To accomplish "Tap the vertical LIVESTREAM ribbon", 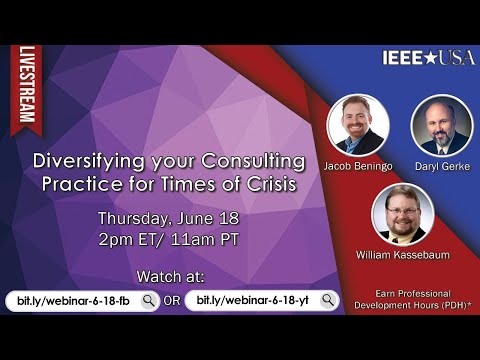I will (27, 86).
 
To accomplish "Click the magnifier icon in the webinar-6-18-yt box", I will (328, 300).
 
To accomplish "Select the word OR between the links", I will (172, 300).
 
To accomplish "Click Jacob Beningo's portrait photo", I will (357, 124).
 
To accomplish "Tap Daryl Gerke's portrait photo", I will (441, 124).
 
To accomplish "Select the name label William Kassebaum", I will (402, 256).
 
